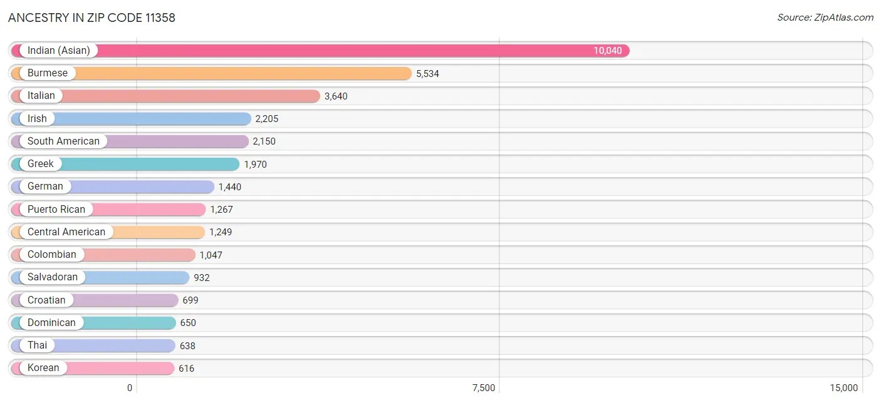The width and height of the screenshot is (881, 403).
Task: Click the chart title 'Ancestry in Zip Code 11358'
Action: [x=91, y=18]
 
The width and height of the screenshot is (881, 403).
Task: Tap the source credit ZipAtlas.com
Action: [x=825, y=18]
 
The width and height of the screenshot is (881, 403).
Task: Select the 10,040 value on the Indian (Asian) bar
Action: [x=608, y=51]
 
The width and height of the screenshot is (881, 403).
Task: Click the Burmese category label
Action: [x=48, y=73]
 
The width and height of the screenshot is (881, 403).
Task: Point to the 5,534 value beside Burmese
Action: [x=427, y=74]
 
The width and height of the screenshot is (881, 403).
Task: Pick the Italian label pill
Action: [x=41, y=96]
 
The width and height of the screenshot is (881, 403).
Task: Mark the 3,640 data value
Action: [x=336, y=96]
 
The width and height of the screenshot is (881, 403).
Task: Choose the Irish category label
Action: [x=37, y=118]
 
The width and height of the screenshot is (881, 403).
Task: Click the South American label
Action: [x=63, y=141]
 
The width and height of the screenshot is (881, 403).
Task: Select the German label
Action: [x=45, y=186]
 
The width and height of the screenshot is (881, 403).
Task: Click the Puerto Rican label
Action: [x=56, y=209]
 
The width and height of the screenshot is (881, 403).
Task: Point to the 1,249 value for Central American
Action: [x=221, y=232]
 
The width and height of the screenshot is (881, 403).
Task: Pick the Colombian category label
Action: [x=52, y=255]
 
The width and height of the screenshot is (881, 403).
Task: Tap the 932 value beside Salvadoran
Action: [x=202, y=278]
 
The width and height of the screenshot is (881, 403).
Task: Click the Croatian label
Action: [x=46, y=300]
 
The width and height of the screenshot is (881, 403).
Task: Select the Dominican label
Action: [x=51, y=323]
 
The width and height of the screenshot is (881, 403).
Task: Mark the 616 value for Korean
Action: [x=186, y=369]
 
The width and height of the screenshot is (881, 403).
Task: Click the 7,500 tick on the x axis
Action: [x=484, y=388]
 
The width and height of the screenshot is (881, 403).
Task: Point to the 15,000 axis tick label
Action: [x=844, y=388]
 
